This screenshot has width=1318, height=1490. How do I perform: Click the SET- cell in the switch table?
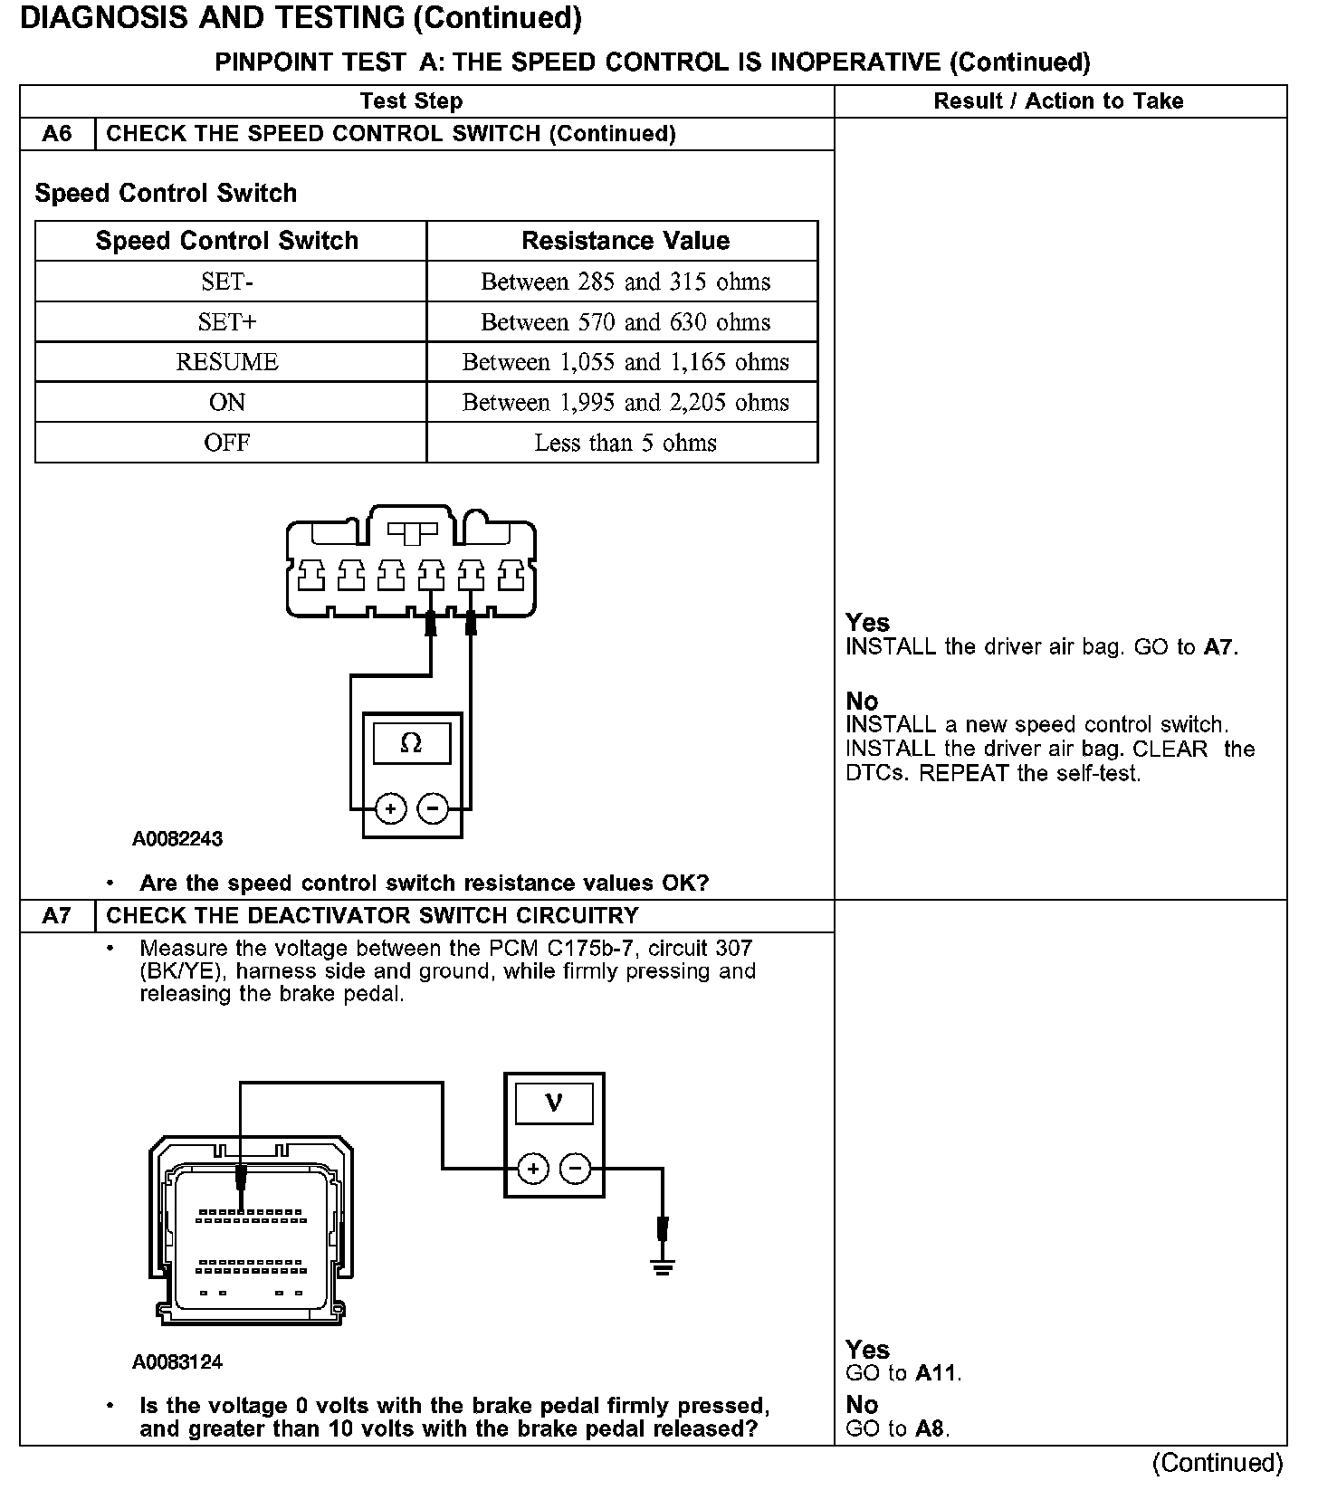(227, 282)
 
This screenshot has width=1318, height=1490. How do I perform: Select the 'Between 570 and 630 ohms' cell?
(625, 322)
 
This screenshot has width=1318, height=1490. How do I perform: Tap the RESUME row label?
(227, 362)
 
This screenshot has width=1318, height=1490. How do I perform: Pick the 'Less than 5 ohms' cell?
(625, 443)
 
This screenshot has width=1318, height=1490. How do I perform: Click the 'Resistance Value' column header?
(625, 241)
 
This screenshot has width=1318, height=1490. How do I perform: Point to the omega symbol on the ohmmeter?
(411, 743)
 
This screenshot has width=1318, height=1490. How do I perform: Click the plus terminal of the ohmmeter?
(390, 808)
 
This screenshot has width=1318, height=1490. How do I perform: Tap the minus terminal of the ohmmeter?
(434, 808)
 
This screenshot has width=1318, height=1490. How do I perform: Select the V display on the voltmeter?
(554, 1103)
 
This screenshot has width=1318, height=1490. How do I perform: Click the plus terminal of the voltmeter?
(533, 1169)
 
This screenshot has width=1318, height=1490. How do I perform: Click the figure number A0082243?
(177, 838)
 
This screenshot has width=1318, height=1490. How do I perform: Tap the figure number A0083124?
(177, 1361)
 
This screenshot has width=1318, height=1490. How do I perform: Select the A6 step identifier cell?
(57, 134)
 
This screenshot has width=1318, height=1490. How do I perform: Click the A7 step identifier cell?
(57, 916)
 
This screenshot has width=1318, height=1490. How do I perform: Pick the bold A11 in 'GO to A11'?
(936, 1373)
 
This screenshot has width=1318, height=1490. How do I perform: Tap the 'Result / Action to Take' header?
(1058, 101)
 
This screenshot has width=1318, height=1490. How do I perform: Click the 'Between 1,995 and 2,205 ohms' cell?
(625, 403)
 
